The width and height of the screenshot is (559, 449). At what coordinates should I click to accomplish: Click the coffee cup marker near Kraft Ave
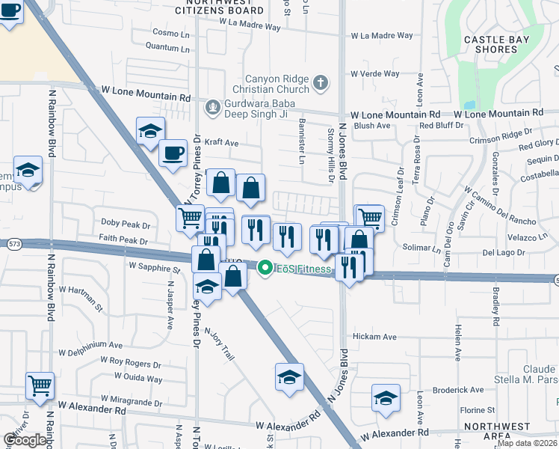pyautogui.click(x=173, y=154)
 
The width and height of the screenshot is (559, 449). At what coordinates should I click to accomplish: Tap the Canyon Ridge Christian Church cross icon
pyautogui.click(x=321, y=82)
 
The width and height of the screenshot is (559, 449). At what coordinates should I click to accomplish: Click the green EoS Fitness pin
pyautogui.click(x=264, y=268)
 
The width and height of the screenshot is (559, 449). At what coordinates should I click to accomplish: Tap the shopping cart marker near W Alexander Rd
pyautogui.click(x=40, y=386)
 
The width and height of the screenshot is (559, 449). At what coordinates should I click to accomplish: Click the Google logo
pyautogui.click(x=25, y=440)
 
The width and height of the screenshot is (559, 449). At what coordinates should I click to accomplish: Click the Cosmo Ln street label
pyautogui.click(x=171, y=34)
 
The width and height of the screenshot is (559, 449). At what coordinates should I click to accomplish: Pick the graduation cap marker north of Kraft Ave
pyautogui.click(x=150, y=131)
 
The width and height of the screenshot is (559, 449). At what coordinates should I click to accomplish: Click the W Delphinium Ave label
pyautogui.click(x=90, y=346)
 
